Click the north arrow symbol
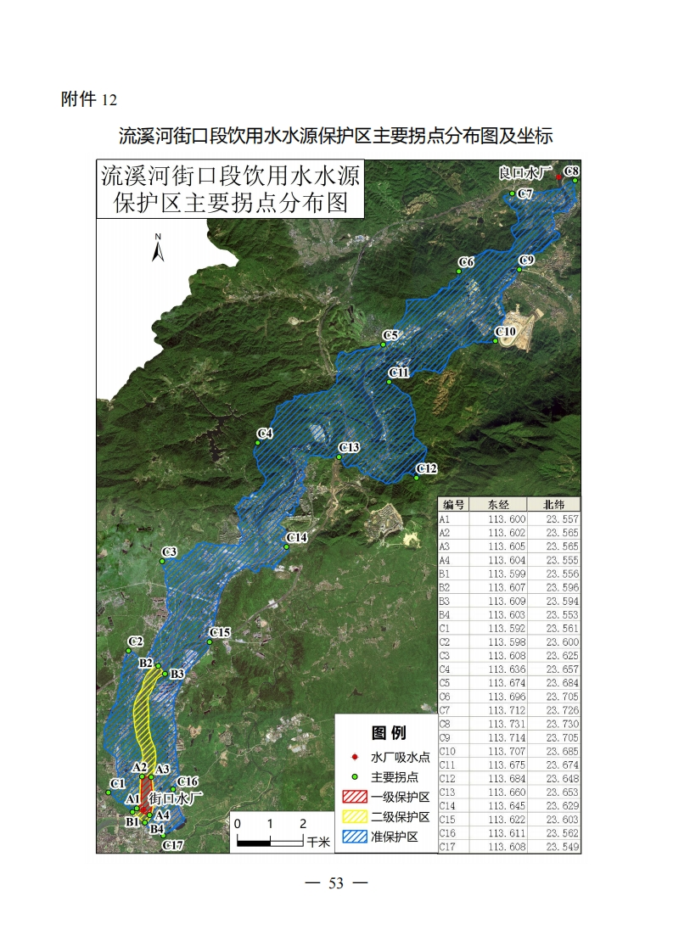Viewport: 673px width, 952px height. point(158,249)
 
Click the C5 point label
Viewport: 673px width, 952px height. point(390,336)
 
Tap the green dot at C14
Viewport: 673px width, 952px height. point(287,547)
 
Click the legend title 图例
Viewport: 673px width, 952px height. point(389,733)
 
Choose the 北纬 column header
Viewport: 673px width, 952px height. point(553,503)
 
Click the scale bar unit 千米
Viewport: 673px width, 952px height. point(318,843)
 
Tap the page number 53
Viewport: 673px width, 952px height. point(336,883)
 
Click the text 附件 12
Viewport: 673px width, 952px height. point(88,99)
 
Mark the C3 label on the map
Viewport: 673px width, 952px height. point(169,552)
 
